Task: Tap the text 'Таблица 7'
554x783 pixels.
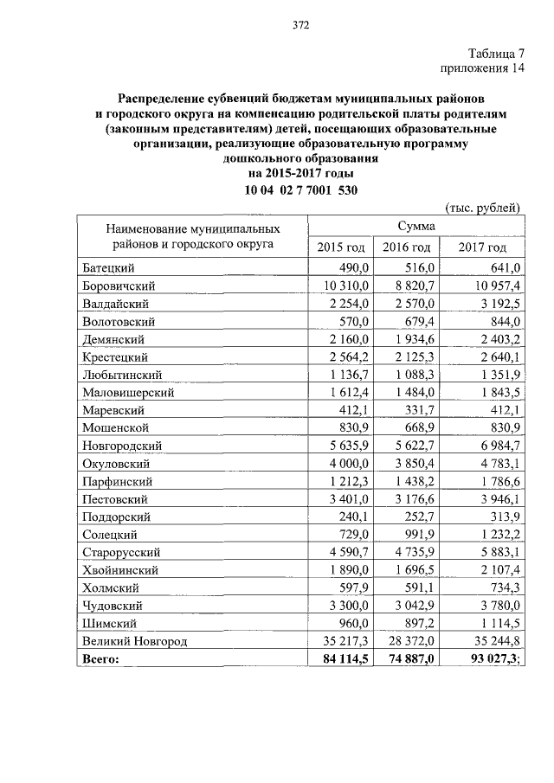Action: (x=498, y=54)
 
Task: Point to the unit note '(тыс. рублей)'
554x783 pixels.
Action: (x=482, y=208)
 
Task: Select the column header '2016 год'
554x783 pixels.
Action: (x=407, y=248)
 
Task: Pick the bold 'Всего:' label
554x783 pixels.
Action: (x=102, y=659)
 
